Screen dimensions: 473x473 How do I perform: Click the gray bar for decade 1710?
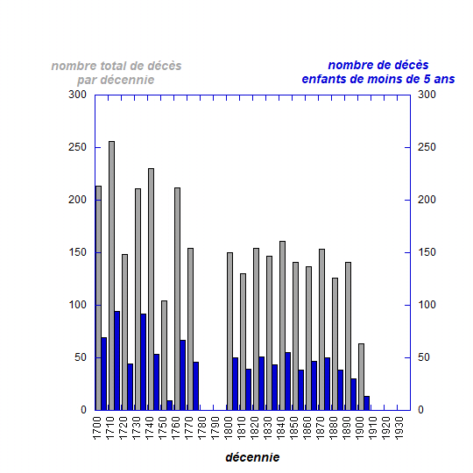[111, 276]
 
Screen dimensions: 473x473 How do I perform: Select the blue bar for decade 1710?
[117, 361]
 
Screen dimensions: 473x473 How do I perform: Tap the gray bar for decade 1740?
[152, 289]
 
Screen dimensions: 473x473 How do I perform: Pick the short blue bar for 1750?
[170, 406]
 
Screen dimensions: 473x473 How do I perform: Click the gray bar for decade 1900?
[362, 377]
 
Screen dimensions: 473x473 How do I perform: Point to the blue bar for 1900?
[367, 403]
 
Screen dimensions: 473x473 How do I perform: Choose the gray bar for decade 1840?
[283, 326]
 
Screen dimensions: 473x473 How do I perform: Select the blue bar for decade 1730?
[144, 362]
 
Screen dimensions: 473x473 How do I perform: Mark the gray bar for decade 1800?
[229, 331]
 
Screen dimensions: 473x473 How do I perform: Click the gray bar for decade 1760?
[177, 299]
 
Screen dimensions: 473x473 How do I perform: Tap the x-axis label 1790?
[215, 428]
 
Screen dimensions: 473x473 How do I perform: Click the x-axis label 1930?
[399, 428]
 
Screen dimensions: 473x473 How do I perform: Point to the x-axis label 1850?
[293, 428]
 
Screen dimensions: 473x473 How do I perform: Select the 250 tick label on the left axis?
[78, 147]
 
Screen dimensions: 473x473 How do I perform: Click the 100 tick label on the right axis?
[427, 305]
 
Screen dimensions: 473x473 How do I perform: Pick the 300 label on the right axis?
[427, 95]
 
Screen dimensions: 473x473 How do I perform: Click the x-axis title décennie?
[252, 457]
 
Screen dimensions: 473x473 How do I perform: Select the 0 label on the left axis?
[83, 410]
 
